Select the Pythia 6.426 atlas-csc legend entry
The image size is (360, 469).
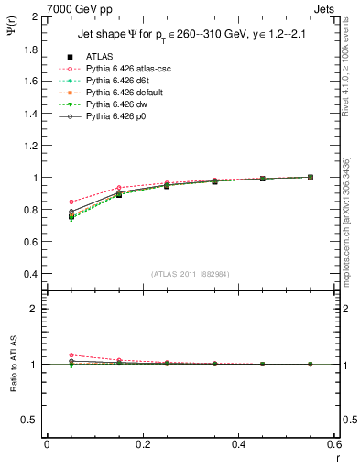point(122,68)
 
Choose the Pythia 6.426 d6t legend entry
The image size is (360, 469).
point(113,81)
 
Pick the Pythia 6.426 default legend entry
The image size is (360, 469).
point(119,93)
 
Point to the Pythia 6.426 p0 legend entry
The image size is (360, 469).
point(112,117)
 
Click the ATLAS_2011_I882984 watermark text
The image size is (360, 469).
point(190,273)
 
